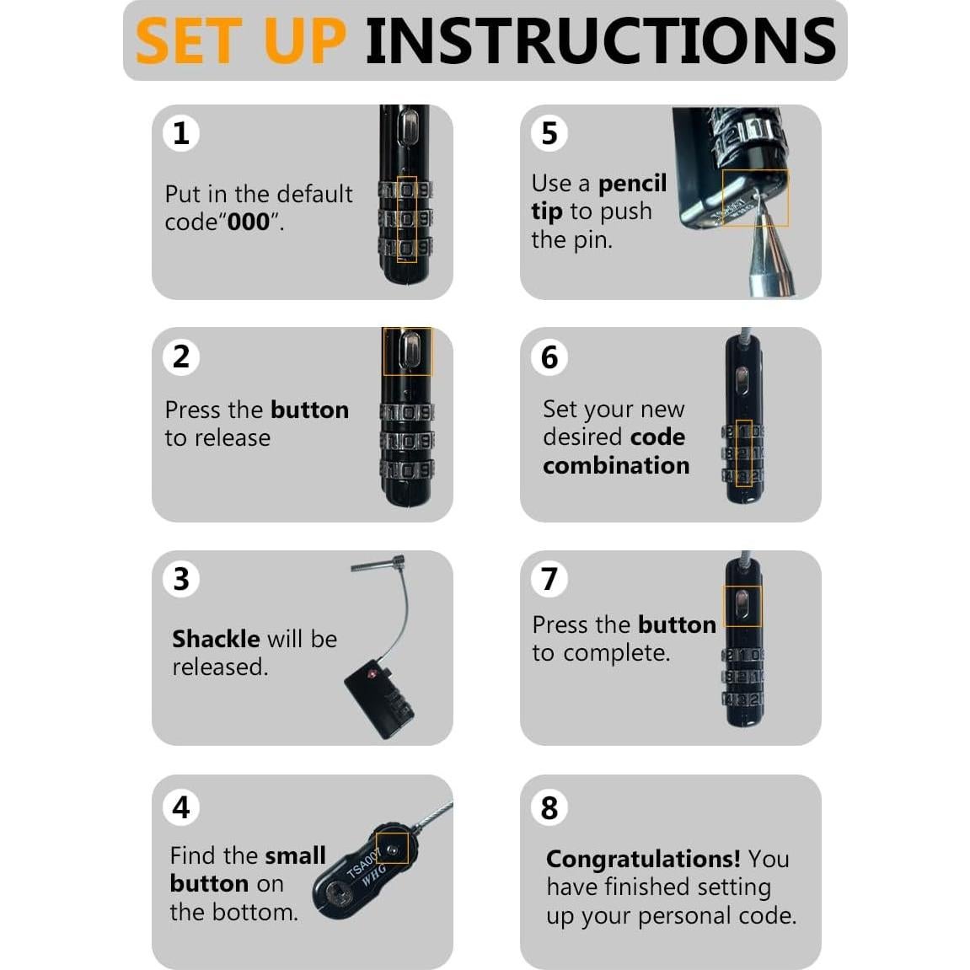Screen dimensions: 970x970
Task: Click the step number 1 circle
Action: point(180,133)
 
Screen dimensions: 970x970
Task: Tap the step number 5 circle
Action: point(549,133)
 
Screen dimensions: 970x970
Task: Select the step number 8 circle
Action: point(549,807)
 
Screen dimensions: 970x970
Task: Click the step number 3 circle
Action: point(180,580)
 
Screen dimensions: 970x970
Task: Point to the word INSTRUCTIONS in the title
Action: point(600,40)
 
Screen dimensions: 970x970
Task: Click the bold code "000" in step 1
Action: point(249,222)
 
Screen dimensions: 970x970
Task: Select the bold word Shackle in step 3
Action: point(216,639)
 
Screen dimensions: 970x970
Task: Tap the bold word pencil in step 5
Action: point(632,184)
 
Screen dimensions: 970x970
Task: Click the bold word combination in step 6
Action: point(616,465)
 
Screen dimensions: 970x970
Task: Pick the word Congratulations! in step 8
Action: point(643,859)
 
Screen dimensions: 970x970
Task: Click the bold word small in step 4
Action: point(295,855)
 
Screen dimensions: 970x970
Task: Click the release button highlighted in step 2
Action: point(408,350)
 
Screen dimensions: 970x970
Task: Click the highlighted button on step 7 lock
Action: point(742,604)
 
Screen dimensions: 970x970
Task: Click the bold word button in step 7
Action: point(677,625)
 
